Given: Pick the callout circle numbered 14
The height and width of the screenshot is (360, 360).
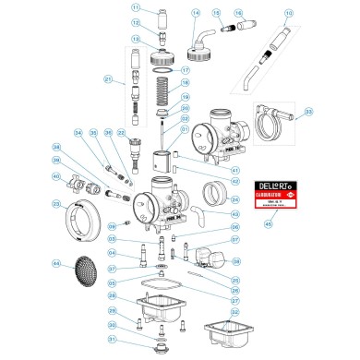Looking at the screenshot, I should pyautogui.click(x=195, y=14).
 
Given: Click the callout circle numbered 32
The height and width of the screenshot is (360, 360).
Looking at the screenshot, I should pyautogui.click(x=235, y=312).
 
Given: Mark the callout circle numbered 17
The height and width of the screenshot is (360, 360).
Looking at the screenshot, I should pyautogui.click(x=184, y=70).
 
